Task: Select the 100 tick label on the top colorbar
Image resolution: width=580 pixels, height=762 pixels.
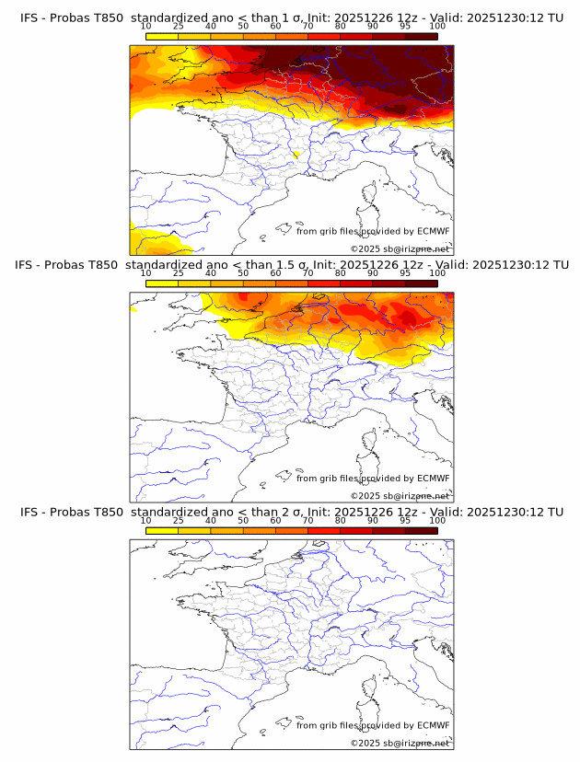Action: tap(437, 26)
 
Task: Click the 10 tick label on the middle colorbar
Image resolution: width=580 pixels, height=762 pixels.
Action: tap(145, 273)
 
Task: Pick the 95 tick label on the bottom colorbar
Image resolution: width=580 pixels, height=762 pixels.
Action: tap(405, 521)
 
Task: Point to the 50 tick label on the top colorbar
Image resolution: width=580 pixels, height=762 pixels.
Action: tap(243, 26)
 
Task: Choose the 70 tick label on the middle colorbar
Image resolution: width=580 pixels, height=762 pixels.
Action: tap(307, 273)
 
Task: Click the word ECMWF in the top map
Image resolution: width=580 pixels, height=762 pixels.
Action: tap(434, 231)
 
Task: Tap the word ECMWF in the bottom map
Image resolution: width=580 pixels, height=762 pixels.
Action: tap(434, 725)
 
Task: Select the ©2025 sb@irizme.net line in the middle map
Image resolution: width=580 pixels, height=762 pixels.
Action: tap(400, 495)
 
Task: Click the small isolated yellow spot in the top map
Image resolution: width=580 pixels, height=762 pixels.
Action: tap(296, 154)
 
